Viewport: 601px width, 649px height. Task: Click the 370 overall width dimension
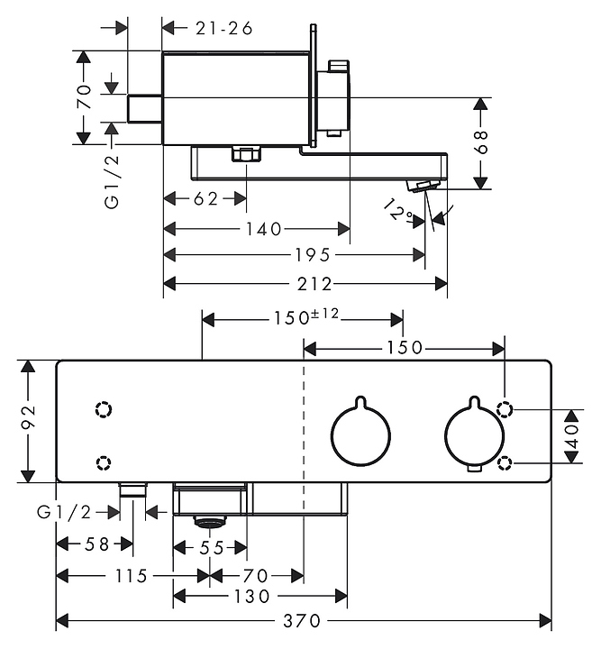tap(301, 621)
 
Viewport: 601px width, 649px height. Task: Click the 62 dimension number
tap(205, 199)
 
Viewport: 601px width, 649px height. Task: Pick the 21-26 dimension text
tap(223, 27)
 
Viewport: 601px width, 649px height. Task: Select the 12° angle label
tap(396, 212)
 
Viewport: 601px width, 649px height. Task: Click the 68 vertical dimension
tap(481, 141)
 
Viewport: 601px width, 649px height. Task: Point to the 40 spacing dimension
tap(571, 437)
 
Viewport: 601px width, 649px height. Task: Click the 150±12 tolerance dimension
tap(305, 317)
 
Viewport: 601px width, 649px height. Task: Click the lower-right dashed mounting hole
tap(507, 464)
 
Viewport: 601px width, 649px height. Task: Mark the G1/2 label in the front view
tap(65, 512)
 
